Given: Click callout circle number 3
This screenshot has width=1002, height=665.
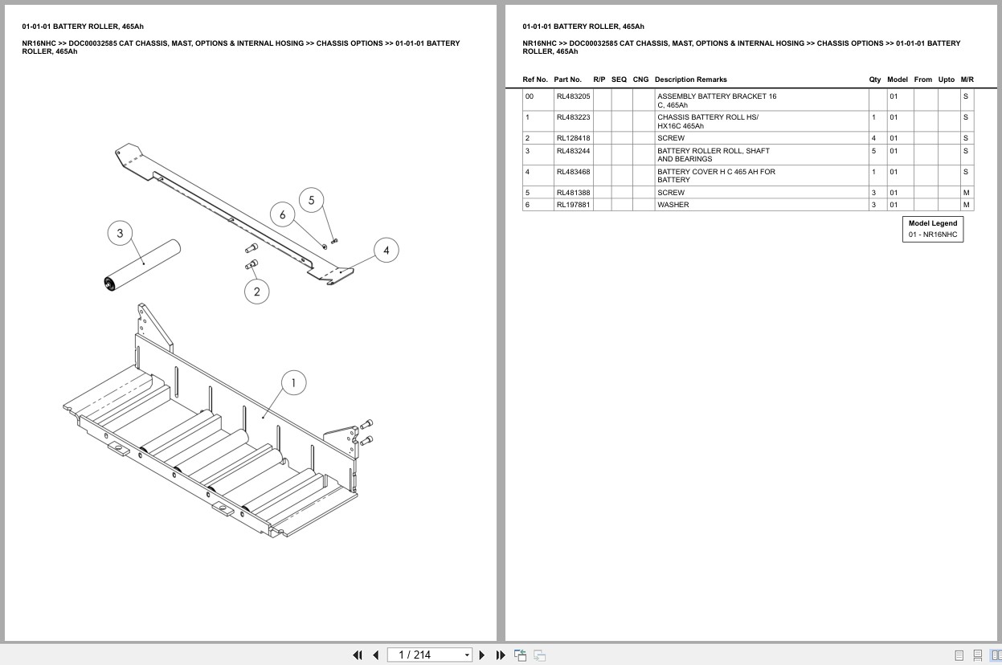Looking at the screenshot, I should (x=120, y=234).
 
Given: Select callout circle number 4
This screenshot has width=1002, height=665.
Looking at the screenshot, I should (x=386, y=251).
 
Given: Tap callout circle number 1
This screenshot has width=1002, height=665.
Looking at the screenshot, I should (x=293, y=383).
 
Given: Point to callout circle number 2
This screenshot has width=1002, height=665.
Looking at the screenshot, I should (x=256, y=292).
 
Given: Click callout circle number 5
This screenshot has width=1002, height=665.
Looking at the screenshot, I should (x=311, y=201).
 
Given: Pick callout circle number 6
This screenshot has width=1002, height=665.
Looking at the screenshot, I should (x=282, y=215).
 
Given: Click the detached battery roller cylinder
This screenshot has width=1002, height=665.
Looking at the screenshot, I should (x=143, y=263).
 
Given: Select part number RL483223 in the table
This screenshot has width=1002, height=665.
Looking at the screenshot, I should (x=573, y=117).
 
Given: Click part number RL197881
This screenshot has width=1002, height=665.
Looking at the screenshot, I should (x=573, y=205).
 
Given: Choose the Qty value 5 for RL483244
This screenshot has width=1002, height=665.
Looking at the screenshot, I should (x=873, y=151).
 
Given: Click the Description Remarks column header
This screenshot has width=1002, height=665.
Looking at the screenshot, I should (x=690, y=80).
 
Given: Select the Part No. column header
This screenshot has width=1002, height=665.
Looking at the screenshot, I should (x=567, y=80).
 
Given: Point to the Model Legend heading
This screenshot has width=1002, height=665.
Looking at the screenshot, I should (x=932, y=223).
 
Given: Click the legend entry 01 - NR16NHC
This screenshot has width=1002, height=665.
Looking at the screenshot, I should (x=932, y=235).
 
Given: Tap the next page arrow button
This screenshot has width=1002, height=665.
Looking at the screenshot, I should (x=482, y=655).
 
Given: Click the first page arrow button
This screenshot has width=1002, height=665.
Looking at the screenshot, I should (x=358, y=655).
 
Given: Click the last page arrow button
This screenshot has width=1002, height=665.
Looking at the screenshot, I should (x=501, y=655).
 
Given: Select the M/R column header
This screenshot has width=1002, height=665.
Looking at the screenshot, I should (x=967, y=80).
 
